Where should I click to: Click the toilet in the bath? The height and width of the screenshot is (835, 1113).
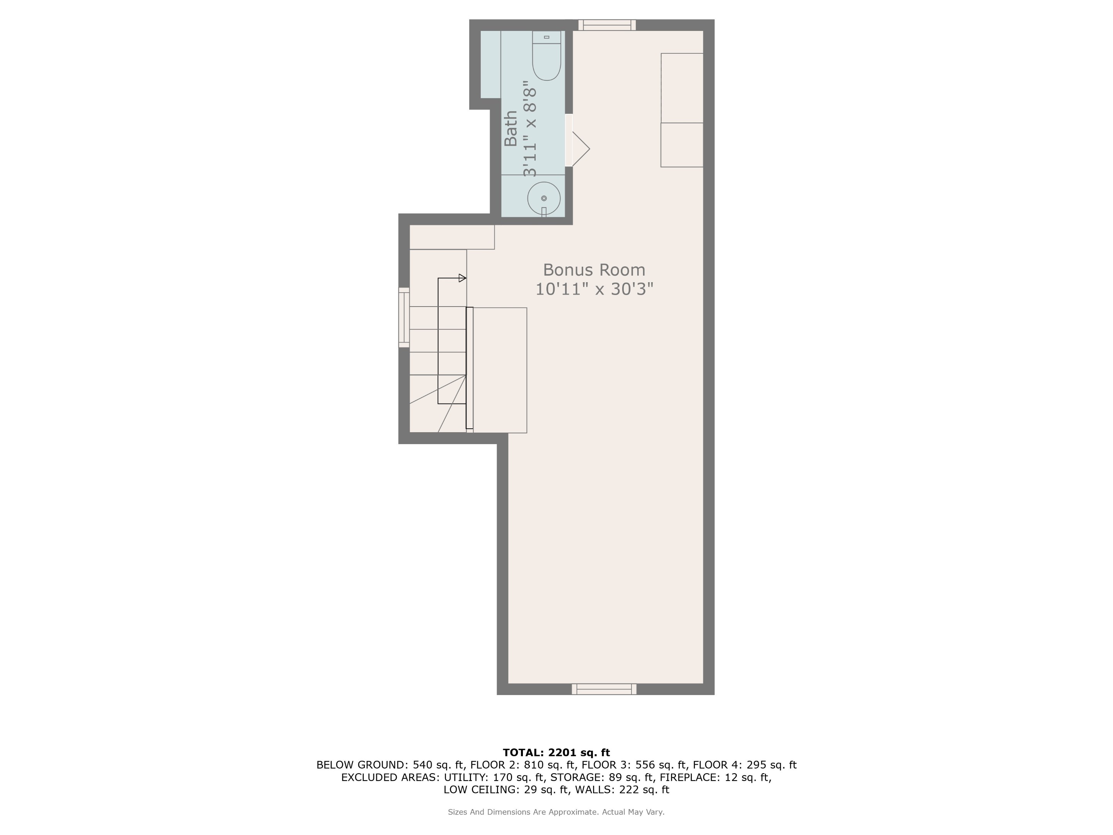click(x=546, y=60)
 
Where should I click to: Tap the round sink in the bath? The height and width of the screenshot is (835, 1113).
click(x=543, y=198)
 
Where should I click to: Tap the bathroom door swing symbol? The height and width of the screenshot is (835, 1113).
click(x=580, y=149)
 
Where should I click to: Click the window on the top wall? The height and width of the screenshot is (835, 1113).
click(x=607, y=25)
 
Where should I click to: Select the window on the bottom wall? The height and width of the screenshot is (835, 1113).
click(x=604, y=689)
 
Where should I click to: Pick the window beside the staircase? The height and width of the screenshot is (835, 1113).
click(x=404, y=317)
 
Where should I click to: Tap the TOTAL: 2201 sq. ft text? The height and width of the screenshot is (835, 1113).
click(x=556, y=752)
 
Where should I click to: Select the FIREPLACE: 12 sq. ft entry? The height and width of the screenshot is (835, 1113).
click(x=715, y=777)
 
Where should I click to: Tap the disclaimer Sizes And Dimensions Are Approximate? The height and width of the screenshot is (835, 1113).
click(x=556, y=812)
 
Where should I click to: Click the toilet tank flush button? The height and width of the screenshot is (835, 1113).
click(x=546, y=37)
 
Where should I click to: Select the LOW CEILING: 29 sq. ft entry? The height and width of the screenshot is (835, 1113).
click(x=505, y=790)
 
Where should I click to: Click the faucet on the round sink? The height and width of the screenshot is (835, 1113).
click(x=543, y=211)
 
